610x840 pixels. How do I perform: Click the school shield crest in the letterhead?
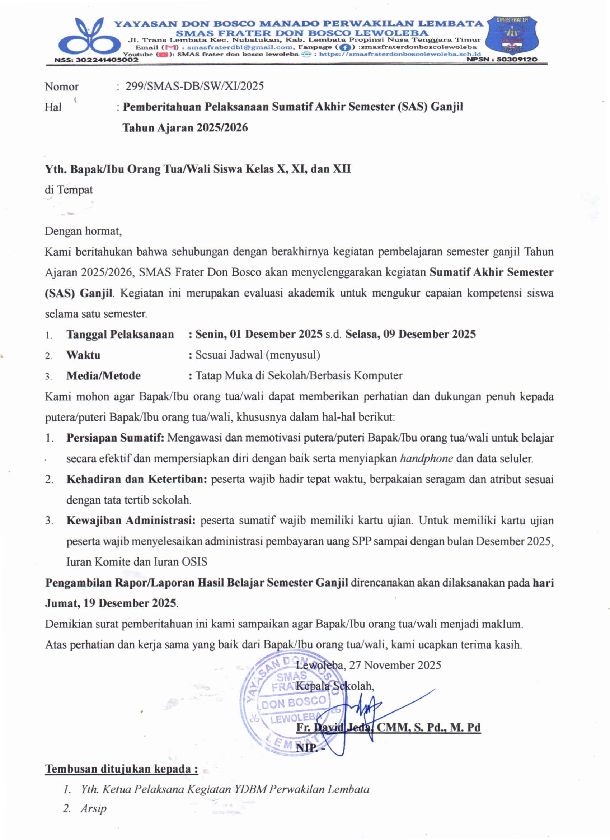click(512, 36)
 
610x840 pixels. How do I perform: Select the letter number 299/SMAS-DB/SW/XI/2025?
click(195, 86)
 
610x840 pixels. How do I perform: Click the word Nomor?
click(61, 87)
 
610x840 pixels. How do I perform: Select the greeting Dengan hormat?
click(83, 231)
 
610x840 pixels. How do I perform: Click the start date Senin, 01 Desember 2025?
click(259, 334)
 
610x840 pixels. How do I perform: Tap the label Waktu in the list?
click(83, 355)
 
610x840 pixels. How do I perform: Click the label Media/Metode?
click(103, 375)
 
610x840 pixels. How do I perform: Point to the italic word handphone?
click(426, 458)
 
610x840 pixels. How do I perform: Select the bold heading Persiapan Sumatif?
click(115, 438)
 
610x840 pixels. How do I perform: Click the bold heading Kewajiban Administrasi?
click(131, 521)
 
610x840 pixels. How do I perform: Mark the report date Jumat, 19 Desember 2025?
click(111, 603)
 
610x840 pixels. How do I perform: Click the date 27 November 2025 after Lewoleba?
click(395, 665)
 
